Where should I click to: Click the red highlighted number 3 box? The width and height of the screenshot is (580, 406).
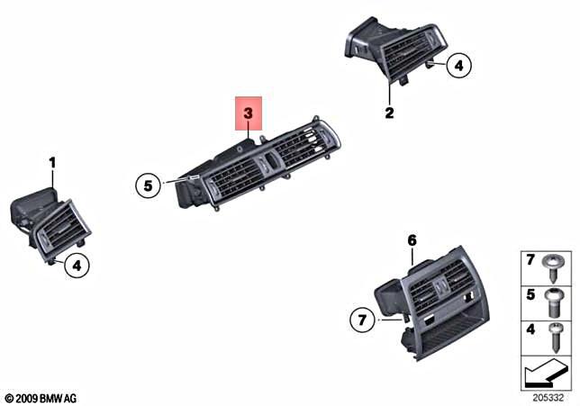pos(248,116)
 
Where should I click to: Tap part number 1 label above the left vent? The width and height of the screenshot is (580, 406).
pos(52,163)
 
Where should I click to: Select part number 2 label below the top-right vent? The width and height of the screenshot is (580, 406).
pos(389,113)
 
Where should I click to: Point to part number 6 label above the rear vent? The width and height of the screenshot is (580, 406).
pos(412,240)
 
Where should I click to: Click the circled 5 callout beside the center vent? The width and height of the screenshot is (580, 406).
pos(147,186)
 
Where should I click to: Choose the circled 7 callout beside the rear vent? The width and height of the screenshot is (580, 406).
pos(362,319)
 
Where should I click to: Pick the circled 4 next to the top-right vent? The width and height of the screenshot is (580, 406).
pos(458,65)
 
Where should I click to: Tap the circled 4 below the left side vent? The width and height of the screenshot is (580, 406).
pos(77,266)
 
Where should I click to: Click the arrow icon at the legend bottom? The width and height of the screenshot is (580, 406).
pos(545,369)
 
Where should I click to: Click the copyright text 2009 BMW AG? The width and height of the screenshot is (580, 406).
pos(42,397)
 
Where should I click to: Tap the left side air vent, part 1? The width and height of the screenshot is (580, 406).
pos(50,225)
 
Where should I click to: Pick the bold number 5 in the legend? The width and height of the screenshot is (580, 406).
pos(531,294)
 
